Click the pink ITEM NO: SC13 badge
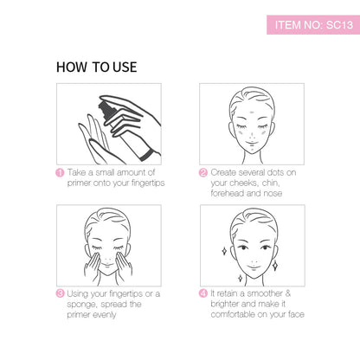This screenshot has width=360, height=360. tap(313, 25)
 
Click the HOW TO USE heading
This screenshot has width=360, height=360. tap(97, 67)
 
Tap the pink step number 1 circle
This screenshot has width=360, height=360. tap(60, 173)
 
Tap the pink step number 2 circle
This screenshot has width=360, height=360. tap(203, 173)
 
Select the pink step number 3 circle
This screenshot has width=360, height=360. tap(60, 293)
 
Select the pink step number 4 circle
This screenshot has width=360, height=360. tap(203, 293)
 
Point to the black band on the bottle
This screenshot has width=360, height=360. tap(146, 155)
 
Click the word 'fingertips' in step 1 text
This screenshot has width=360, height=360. tap(148, 183)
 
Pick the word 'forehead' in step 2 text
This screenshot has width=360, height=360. tap(228, 193)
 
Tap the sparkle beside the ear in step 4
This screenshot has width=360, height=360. tap(224, 251)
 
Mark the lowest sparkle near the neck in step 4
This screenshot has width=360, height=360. tap(240, 279)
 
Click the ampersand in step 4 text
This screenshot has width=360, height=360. tap(287, 293)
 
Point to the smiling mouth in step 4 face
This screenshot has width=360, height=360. tap(254, 267)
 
